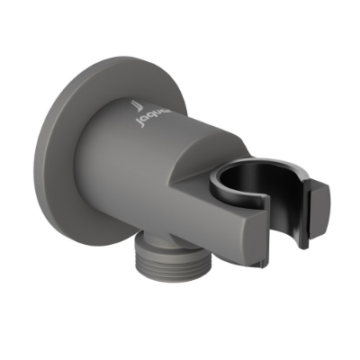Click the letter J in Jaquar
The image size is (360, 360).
pos(136,116)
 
